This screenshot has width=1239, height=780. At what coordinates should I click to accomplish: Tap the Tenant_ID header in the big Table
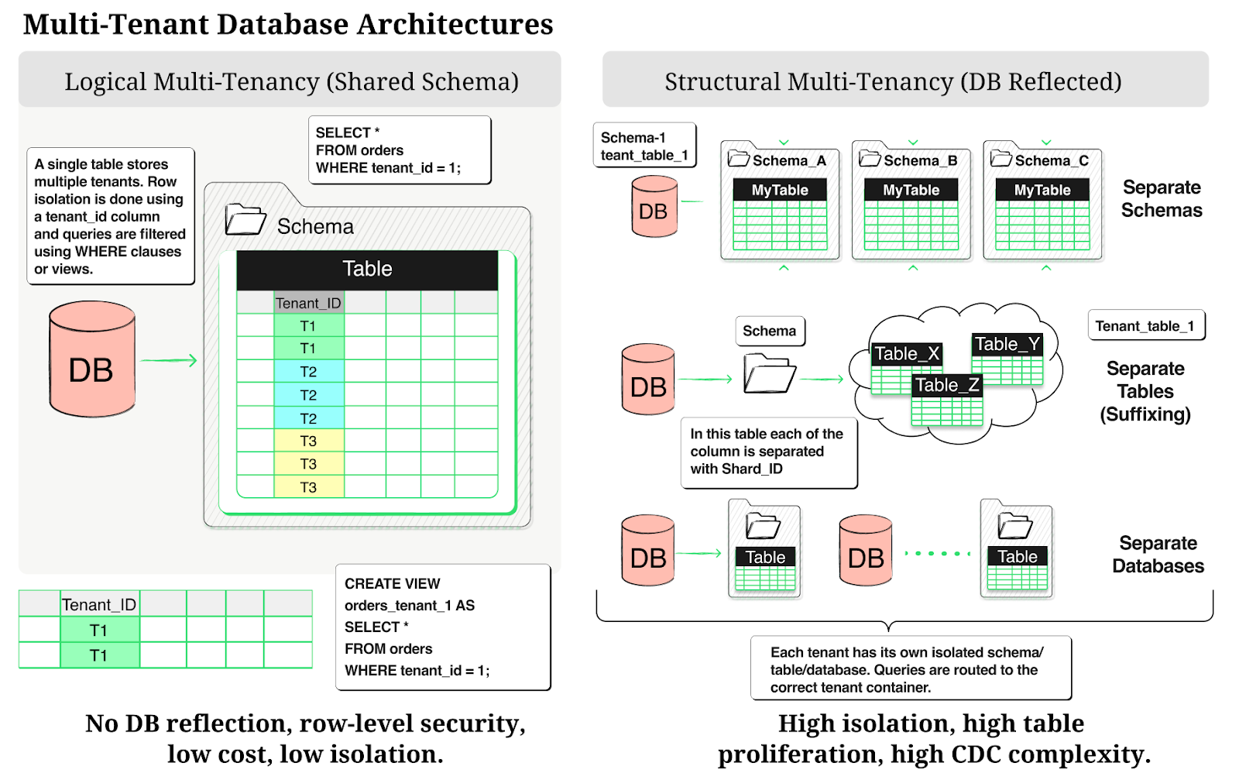(x=308, y=303)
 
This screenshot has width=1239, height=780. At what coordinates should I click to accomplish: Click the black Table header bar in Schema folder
(x=367, y=269)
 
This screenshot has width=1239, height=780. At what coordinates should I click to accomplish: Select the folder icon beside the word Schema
(x=245, y=220)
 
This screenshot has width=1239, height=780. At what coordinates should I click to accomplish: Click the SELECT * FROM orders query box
(x=400, y=150)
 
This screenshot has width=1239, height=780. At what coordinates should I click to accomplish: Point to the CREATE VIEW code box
(x=443, y=627)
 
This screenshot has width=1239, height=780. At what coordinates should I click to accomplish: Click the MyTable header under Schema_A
(x=780, y=190)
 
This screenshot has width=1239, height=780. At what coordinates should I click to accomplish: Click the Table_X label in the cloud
(x=906, y=354)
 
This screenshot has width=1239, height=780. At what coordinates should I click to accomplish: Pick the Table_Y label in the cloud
(x=1007, y=344)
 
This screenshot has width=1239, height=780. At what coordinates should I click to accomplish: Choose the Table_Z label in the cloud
(x=947, y=385)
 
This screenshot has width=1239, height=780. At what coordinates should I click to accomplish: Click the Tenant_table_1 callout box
(x=1146, y=326)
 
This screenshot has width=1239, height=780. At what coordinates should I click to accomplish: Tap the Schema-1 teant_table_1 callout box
(x=644, y=146)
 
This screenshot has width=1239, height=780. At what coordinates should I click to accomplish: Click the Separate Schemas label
(x=1162, y=199)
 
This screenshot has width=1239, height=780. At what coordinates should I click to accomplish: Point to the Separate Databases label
(x=1158, y=555)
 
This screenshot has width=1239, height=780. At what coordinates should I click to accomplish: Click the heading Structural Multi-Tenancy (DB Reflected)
(x=893, y=81)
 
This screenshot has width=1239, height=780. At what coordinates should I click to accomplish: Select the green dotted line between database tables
(x=938, y=553)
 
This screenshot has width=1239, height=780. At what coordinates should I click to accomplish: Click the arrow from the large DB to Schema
(x=169, y=360)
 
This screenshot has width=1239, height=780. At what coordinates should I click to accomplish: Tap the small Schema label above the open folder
(x=770, y=331)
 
